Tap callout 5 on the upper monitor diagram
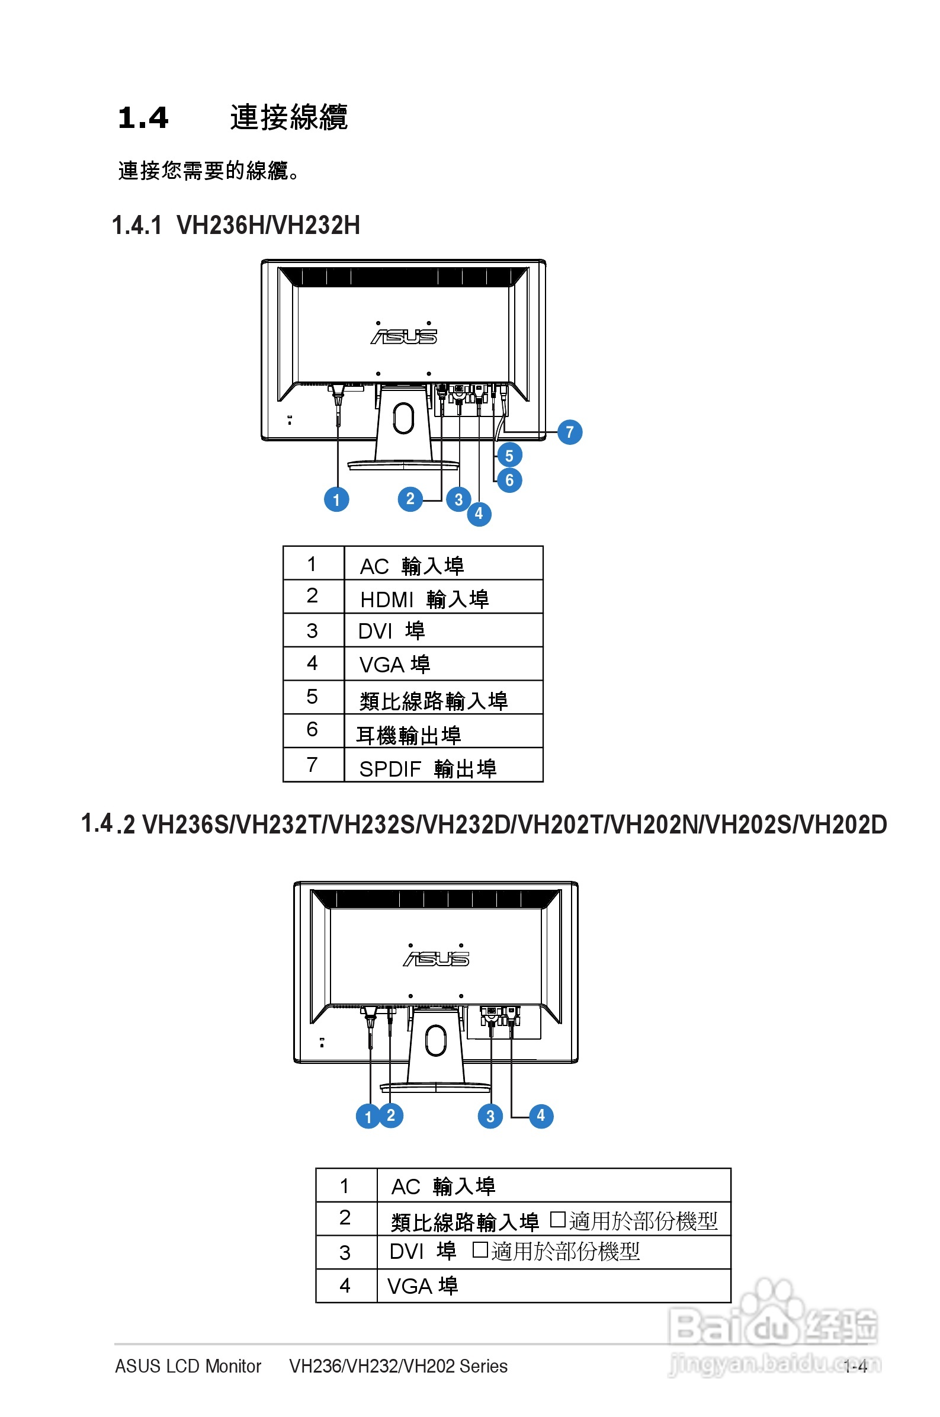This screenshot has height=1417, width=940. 509,456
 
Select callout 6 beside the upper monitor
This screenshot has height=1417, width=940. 509,480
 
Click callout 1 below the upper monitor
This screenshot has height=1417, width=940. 336,499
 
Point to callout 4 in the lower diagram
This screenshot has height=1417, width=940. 541,1115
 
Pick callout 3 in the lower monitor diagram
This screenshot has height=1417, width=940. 490,1116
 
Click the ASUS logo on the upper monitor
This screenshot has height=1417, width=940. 403,336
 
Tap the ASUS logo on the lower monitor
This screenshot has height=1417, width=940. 436,958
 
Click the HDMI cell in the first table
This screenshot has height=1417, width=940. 424,599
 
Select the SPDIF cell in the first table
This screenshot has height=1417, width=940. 428,768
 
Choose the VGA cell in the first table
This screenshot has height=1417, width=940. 394,664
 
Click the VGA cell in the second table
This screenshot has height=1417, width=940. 423,1285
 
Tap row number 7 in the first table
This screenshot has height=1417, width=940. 312,765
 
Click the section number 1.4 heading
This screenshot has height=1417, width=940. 143,117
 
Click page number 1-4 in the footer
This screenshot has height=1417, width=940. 855,1366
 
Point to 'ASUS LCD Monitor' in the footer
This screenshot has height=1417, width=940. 188,1366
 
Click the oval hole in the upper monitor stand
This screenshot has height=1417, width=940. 403,418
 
